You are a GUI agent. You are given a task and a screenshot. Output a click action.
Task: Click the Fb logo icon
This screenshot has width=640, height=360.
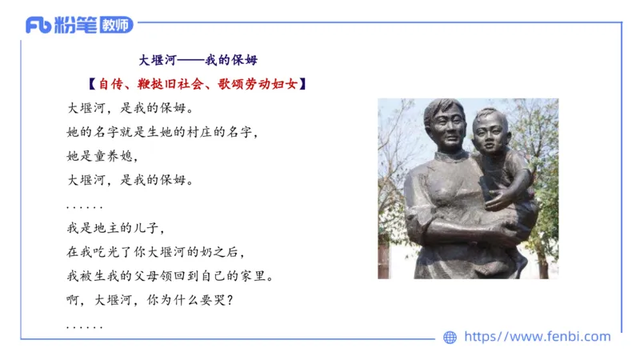coord(38,25)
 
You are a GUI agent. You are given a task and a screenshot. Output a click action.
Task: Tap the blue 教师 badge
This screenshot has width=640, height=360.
coord(116,25)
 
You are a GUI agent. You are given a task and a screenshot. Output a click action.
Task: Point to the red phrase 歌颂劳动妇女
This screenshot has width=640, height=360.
coord(256,83)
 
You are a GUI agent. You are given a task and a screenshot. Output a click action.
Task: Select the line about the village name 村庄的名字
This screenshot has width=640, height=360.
coord(163,131)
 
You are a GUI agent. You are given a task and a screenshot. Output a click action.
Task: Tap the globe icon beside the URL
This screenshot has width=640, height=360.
coord(450,338)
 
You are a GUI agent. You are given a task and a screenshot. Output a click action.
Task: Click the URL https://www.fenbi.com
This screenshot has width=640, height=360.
coord(537,337)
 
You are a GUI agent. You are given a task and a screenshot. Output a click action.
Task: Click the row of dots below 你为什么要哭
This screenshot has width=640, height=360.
coord(84,327)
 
